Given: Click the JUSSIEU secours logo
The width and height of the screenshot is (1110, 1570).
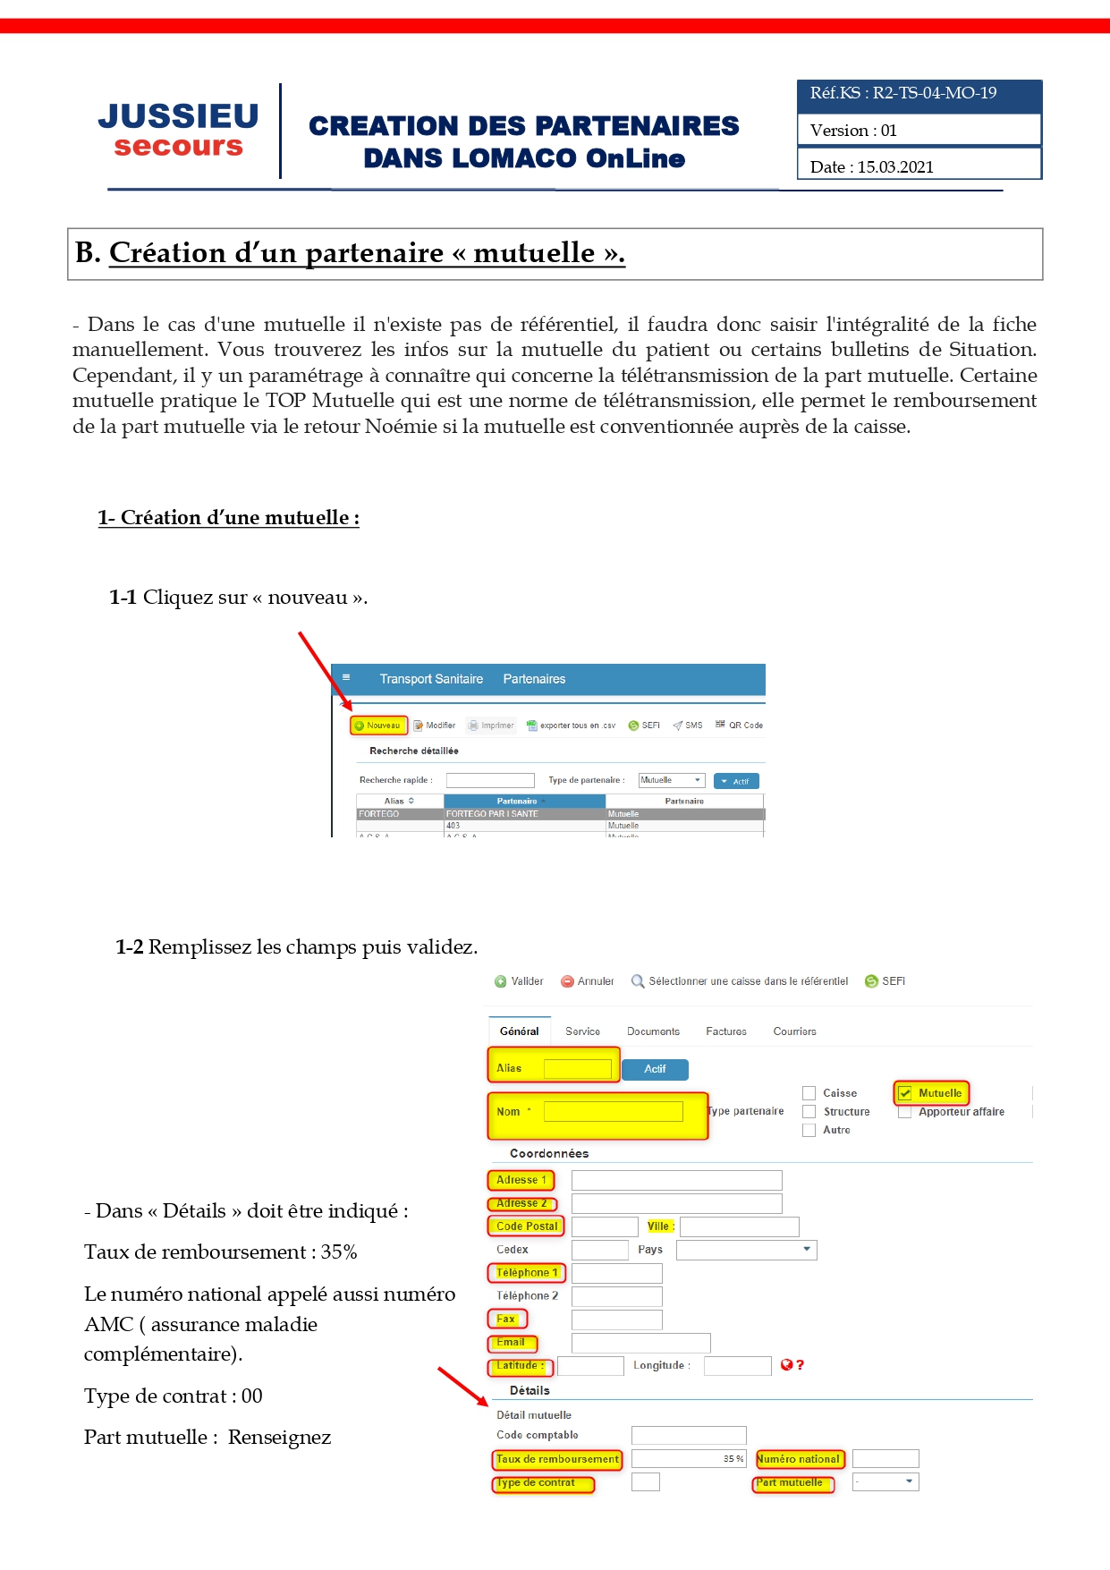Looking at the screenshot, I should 178,131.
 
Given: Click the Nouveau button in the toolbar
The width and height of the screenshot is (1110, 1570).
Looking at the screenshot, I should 378,726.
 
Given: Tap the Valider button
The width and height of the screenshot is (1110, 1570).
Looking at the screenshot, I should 519,981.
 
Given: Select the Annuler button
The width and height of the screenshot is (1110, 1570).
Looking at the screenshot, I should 588,981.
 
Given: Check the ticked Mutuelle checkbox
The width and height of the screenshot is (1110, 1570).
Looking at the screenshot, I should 905,1093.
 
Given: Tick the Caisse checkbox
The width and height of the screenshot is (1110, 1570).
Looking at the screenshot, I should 809,1093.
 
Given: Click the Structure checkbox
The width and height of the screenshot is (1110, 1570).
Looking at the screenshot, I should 809,1112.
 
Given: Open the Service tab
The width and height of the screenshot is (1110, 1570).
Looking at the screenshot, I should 582,1031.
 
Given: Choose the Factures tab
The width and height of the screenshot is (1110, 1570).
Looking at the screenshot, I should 725,1031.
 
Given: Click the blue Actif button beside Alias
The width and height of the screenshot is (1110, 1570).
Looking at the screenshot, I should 655,1069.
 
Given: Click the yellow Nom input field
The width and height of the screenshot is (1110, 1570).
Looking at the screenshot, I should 613,1112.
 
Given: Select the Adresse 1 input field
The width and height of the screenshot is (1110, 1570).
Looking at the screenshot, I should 676,1180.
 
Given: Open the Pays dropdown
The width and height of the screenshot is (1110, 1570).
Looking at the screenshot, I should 746,1250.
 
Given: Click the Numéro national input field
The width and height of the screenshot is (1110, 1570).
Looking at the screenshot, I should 885,1459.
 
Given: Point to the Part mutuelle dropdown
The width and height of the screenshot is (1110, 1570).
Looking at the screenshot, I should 885,1482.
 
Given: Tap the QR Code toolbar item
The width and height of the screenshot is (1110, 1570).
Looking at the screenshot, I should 739,726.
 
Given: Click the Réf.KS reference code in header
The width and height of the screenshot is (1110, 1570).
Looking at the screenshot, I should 903,93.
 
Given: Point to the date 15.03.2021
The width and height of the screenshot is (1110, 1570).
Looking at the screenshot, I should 895,167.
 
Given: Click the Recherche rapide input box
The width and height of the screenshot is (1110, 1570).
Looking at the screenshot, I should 489,780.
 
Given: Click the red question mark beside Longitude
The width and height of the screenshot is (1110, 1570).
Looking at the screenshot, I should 800,1365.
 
